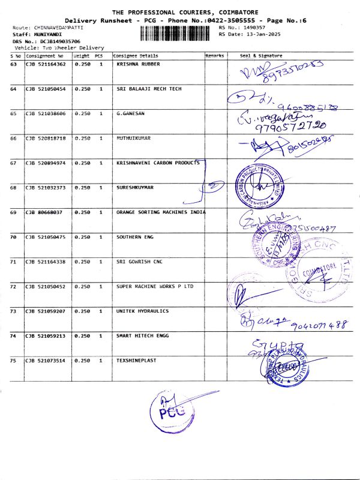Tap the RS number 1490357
tap(252, 28)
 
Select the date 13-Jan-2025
tap(260, 34)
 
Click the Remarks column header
tap(215, 55)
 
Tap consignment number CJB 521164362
tap(47, 64)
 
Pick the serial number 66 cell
tap(14, 138)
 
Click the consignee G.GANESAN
tap(131, 113)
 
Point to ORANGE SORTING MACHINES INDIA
tap(160, 212)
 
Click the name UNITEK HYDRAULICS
tap(142, 311)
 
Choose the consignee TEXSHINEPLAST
tap(137, 361)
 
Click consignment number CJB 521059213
tap(47, 336)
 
